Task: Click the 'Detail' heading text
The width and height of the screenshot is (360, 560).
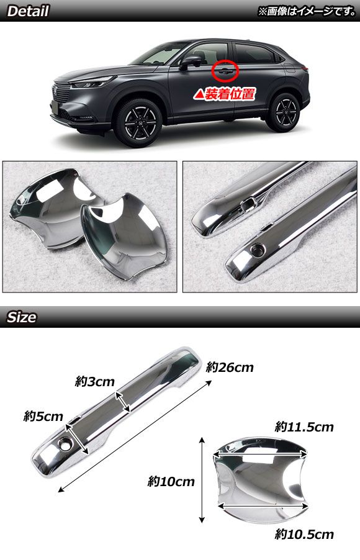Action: (x=28, y=11)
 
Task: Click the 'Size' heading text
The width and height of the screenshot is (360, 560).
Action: (x=22, y=317)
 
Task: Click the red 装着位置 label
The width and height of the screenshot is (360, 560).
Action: (x=224, y=94)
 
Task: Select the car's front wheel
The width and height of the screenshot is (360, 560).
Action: (x=138, y=123)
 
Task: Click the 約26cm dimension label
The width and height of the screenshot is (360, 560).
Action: (x=230, y=367)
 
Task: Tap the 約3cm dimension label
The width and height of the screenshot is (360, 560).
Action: (x=94, y=381)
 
